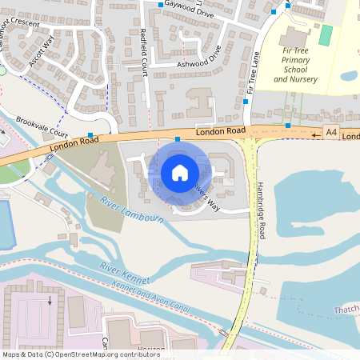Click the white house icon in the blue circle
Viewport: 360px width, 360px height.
point(180,173)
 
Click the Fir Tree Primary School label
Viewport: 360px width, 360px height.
point(295,65)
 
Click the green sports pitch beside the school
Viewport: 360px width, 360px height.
point(326,35)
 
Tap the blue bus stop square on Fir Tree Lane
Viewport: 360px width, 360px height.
point(246,102)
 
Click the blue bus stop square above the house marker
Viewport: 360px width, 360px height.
point(178,139)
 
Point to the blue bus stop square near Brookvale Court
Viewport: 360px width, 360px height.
point(90,134)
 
